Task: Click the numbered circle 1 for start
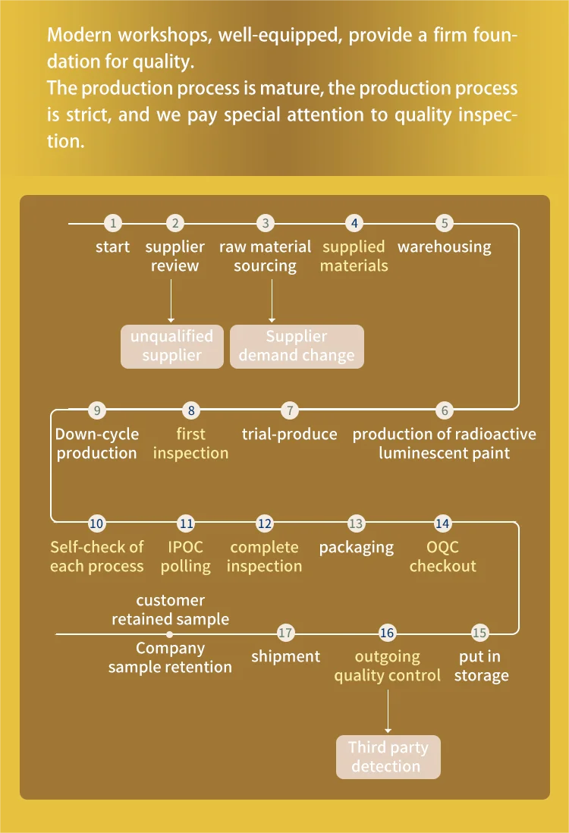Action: click(113, 223)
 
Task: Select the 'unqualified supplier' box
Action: click(172, 346)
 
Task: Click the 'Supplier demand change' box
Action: click(297, 346)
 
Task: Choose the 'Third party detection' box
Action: click(388, 756)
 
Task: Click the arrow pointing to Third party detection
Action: click(388, 709)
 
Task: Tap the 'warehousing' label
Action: click(445, 247)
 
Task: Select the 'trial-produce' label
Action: click(289, 434)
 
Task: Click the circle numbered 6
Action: click(445, 410)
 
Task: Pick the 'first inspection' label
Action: click(190, 443)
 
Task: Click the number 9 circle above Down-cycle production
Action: click(96, 410)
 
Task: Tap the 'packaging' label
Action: click(356, 547)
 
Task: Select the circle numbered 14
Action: click(442, 523)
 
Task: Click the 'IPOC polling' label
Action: click(186, 556)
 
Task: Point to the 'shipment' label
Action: click(285, 656)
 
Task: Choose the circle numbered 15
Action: click(479, 633)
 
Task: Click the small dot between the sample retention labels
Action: click(170, 633)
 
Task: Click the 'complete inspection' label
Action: click(264, 556)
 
